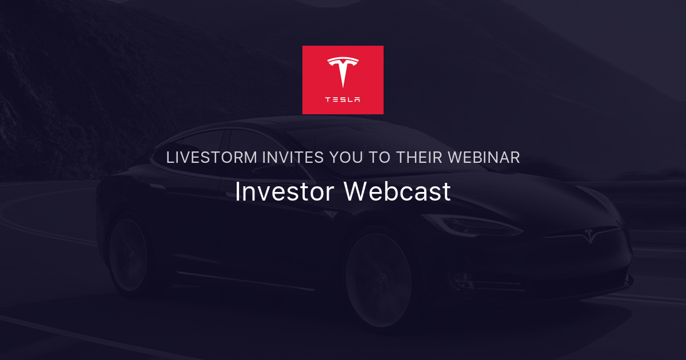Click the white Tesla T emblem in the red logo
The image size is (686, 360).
(x=343, y=71)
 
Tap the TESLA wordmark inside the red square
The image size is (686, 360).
(x=343, y=99)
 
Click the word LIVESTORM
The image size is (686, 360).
(x=212, y=158)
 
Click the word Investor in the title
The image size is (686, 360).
(x=284, y=192)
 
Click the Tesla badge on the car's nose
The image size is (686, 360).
(x=588, y=235)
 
